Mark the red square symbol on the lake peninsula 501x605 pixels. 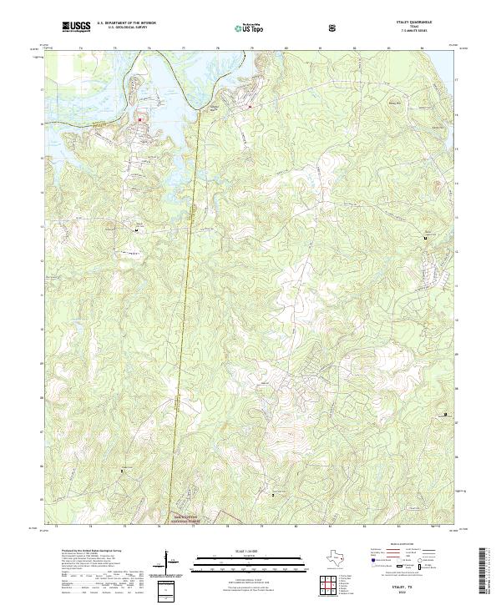point(139,118)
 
